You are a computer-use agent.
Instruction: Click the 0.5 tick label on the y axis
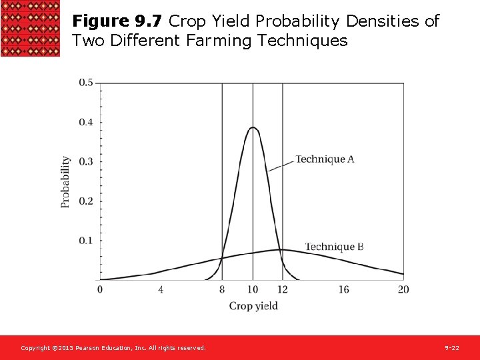tap(86, 83)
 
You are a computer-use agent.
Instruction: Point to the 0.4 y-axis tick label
tap(86, 122)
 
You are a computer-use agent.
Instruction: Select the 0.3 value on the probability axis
tap(86, 161)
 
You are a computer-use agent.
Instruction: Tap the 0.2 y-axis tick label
tap(86, 201)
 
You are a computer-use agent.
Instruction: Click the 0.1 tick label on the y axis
tap(86, 240)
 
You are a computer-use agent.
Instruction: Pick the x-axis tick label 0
tap(100, 289)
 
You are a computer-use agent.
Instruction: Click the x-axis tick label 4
tap(161, 289)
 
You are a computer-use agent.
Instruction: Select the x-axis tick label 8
tap(222, 289)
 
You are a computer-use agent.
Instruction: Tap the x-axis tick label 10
tap(253, 289)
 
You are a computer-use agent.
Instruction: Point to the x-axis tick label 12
tap(283, 289)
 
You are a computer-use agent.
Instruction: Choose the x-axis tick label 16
tap(343, 289)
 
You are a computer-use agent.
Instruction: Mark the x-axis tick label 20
tap(403, 289)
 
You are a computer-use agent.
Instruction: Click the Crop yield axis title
tap(253, 306)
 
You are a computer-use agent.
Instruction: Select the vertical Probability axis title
tap(65, 182)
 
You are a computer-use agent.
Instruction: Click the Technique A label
tap(325, 159)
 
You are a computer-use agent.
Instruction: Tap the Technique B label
tap(334, 247)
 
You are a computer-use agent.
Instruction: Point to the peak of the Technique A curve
tap(253, 127)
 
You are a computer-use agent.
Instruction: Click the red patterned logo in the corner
tap(31, 29)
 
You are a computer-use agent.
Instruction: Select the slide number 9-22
tap(452, 348)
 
